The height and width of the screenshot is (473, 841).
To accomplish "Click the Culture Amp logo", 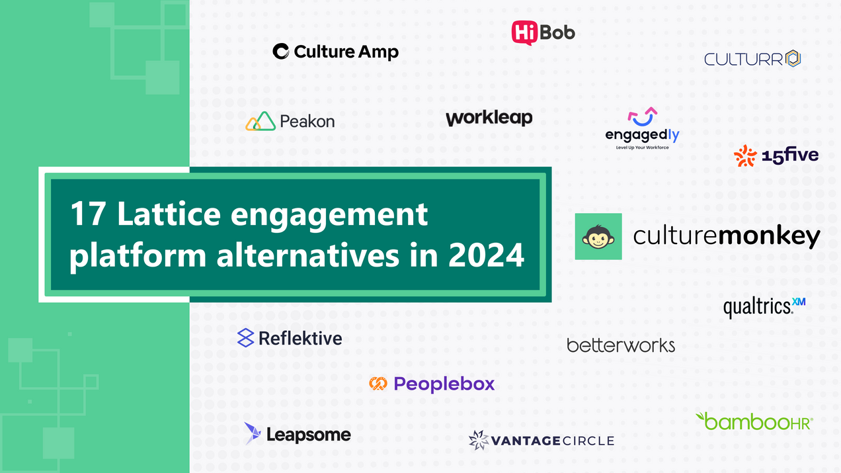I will point(336,52).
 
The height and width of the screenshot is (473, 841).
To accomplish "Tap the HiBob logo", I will point(543,32).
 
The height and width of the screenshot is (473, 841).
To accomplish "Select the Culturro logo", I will point(752,59).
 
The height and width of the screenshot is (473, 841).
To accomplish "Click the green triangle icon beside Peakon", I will point(260,121).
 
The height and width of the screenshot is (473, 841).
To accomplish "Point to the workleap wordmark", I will point(489,118).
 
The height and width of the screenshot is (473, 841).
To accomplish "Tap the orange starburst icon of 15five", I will point(745,155).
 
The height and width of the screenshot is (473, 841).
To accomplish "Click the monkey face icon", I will point(598,236).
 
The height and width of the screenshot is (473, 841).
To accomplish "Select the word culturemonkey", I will point(727,236).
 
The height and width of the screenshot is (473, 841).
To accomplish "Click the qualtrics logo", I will point(764,307).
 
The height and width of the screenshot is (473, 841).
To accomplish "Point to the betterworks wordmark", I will point(621,345).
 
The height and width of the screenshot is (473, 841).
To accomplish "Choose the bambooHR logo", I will point(754,421).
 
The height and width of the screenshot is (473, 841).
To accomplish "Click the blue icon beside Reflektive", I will point(245,338).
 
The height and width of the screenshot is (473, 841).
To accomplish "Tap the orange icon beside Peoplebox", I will point(378,384).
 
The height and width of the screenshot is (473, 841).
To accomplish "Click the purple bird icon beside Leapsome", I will point(252,433).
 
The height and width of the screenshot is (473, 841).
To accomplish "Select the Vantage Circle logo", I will point(541,441).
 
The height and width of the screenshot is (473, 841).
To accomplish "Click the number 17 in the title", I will point(87,214).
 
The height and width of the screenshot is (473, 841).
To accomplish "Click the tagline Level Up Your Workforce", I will point(642,148).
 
